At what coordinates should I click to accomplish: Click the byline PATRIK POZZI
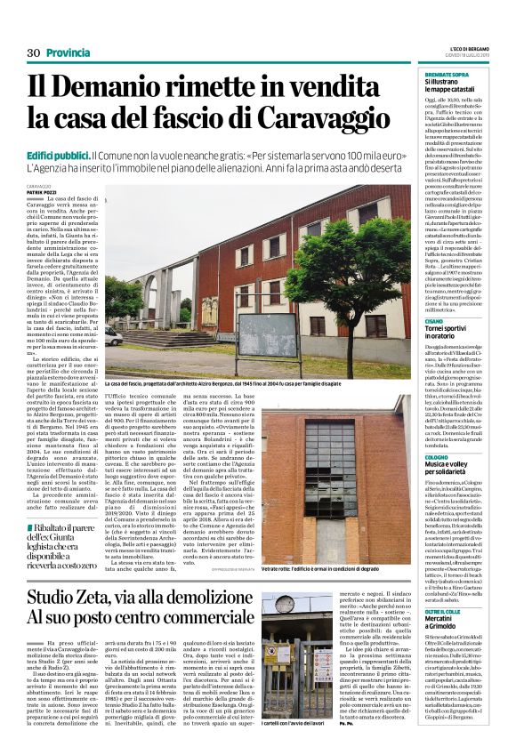(39, 192)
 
